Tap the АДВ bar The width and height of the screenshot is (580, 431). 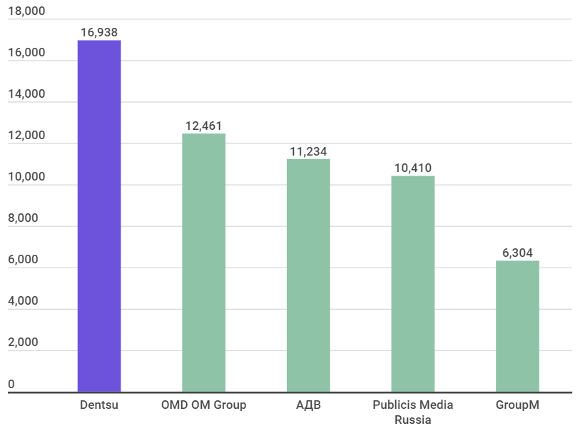coord(308,275)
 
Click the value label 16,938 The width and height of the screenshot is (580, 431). coord(99,32)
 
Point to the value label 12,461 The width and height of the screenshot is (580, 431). coord(203,126)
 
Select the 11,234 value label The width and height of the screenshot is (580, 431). coord(308,151)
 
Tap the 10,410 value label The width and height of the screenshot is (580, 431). coord(412,168)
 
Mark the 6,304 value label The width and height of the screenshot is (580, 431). coord(517,253)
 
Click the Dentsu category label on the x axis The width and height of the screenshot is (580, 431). coord(99,405)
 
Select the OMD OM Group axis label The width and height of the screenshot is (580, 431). coord(203,405)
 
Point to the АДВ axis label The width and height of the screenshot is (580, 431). coord(308,405)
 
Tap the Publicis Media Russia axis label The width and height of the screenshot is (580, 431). coord(412,412)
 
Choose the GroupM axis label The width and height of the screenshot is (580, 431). coord(517,405)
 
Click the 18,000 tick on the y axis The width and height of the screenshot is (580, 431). coord(26,11)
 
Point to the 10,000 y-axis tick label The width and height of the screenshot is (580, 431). coord(26,177)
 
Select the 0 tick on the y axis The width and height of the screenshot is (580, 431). coord(11,385)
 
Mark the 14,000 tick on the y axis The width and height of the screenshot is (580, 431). coord(26,94)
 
